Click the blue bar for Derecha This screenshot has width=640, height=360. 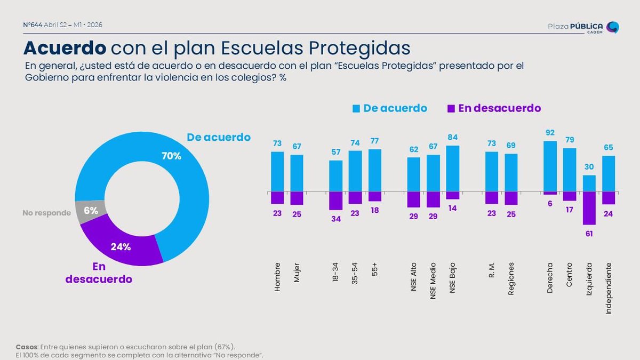click(550, 166)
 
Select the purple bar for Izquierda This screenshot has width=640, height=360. click(589, 208)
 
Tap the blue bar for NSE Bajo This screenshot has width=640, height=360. click(452, 168)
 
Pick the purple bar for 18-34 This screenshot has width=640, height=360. click(335, 201)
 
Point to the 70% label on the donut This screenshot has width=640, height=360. click(171, 156)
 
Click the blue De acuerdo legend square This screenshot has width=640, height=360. click(356, 109)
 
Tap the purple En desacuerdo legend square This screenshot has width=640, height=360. click(451, 109)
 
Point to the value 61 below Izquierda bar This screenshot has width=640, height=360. click(589, 233)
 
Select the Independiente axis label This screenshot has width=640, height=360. click(609, 288)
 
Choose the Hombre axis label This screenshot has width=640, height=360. click(277, 277)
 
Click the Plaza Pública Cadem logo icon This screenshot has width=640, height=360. click(613, 27)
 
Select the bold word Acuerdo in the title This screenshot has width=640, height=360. click(65, 48)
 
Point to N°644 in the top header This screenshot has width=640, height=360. click(33, 25)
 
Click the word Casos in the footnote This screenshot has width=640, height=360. click(26, 346)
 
